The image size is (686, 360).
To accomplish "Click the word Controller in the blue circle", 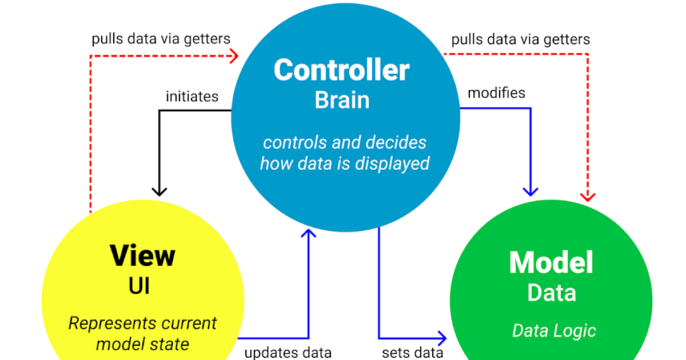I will [x=341, y=70].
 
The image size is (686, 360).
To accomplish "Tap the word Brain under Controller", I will [x=342, y=100].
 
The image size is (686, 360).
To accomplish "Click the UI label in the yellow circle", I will [x=139, y=285].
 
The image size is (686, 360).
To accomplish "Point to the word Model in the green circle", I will [x=551, y=262].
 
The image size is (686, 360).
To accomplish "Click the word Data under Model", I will [x=551, y=293].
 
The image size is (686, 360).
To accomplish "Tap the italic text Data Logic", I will [x=553, y=330].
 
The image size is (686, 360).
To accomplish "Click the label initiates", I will [x=192, y=97].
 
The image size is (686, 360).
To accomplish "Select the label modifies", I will [x=496, y=93].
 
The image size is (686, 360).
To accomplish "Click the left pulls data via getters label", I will [x=161, y=39].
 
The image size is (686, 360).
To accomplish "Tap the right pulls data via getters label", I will [x=520, y=39].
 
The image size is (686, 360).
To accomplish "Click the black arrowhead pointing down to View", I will [x=159, y=191].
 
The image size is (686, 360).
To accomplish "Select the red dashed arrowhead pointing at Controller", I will [x=234, y=55].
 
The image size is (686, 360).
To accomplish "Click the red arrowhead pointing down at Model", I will [x=588, y=197].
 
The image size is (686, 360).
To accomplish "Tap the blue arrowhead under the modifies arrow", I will [x=532, y=191].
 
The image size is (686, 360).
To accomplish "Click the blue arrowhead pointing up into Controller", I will [x=309, y=233].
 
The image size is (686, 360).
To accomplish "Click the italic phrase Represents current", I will [x=142, y=323].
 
